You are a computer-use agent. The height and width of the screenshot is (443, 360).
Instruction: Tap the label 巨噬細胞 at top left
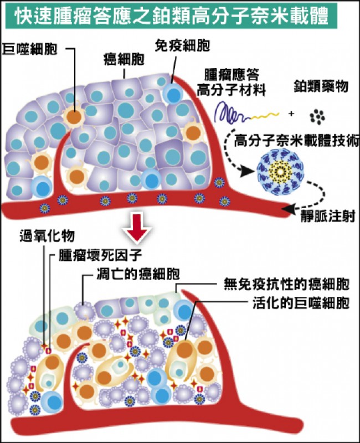coord(28,48)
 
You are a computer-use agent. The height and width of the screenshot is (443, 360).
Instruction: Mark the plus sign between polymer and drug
coord(291,115)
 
